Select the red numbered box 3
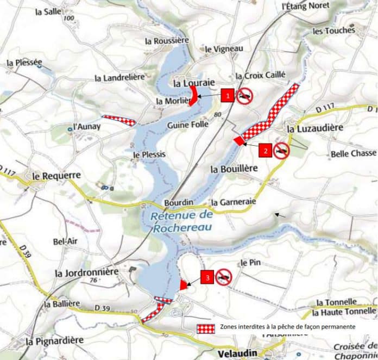(207, 277)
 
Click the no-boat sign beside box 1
(244, 96)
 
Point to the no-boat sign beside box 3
(223, 277)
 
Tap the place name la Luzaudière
(315, 128)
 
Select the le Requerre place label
(56, 176)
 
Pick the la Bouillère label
(234, 169)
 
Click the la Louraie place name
(194, 83)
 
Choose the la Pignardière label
(55, 340)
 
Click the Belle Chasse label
(353, 154)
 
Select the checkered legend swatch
(207, 328)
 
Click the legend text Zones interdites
(288, 327)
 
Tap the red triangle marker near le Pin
(183, 284)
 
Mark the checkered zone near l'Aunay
(119, 120)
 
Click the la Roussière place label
(167, 41)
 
